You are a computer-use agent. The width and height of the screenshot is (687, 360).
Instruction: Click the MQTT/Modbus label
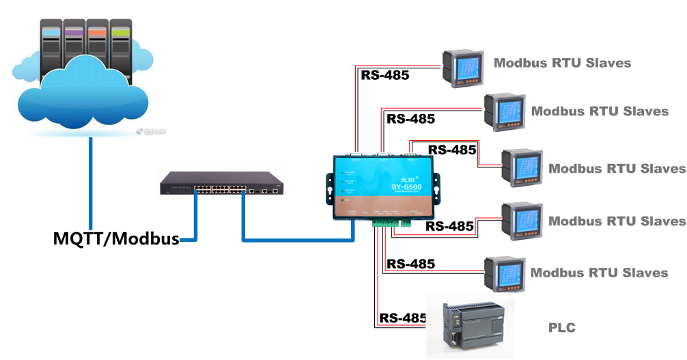tap(116, 239)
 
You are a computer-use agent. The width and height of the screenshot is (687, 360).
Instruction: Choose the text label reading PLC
tap(561, 328)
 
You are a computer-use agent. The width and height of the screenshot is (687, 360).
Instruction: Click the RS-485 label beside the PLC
tap(403, 318)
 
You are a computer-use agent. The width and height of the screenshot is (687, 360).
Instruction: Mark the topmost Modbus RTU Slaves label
tap(562, 63)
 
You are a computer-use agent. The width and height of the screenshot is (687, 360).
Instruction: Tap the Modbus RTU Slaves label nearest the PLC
tap(599, 273)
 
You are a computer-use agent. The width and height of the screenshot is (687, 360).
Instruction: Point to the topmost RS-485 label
tap(384, 75)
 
